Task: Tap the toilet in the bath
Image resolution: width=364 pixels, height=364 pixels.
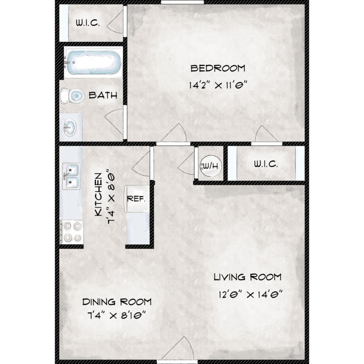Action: coord(72,96)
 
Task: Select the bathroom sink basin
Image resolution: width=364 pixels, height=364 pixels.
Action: coord(69,128)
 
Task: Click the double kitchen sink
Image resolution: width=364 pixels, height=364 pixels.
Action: coord(71,176)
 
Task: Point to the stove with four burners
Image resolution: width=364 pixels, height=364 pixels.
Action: coord(71,232)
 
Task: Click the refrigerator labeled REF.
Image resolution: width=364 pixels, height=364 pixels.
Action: coord(137,199)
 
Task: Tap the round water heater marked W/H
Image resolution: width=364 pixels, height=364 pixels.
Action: coord(211,166)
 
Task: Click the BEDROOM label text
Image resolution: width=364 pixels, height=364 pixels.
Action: coord(218,68)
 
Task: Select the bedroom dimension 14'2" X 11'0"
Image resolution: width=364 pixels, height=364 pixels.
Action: coord(218,85)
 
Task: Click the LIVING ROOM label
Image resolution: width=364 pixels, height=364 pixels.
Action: coord(248,277)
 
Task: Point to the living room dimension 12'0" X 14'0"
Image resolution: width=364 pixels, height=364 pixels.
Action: coord(250,295)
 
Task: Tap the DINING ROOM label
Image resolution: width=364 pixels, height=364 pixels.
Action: coord(117,302)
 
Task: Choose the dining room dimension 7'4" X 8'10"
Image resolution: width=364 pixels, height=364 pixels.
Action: coord(117,315)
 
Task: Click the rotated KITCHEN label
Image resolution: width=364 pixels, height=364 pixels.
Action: coord(99,195)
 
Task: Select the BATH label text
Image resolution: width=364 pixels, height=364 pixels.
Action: coord(103,95)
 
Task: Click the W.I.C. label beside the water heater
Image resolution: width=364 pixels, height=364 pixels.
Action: coord(266,164)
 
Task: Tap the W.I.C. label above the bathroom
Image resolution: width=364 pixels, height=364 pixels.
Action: coord(88,23)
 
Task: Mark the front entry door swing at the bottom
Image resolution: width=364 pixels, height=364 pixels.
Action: coord(178,349)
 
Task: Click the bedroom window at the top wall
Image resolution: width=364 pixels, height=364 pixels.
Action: coord(182,2)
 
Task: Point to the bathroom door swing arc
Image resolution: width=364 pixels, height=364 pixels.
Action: coord(114,121)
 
